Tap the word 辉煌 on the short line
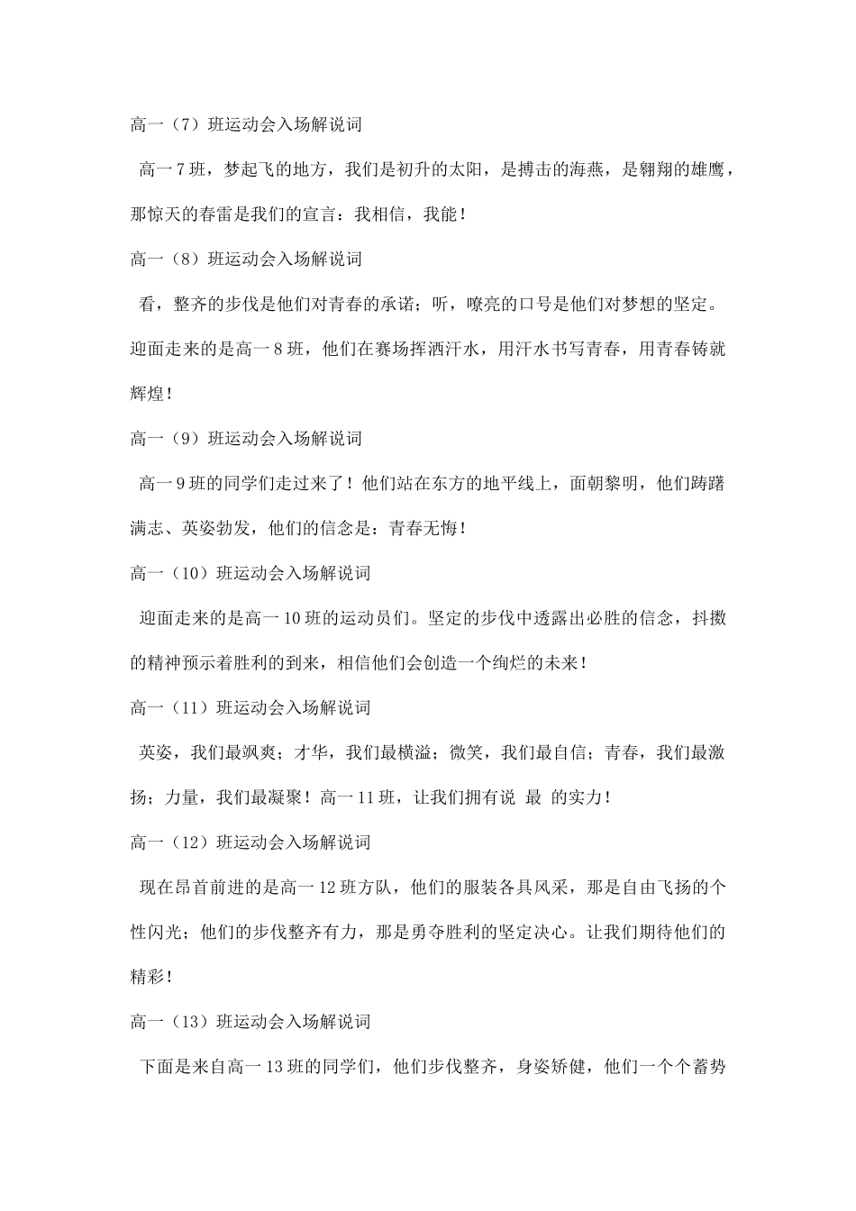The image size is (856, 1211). (x=149, y=394)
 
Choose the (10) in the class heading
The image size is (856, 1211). (x=187, y=573)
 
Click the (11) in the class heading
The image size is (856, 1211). (x=187, y=708)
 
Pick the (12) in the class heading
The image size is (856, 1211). (x=187, y=842)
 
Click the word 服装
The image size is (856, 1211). (x=487, y=888)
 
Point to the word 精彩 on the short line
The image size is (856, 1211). (x=149, y=977)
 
